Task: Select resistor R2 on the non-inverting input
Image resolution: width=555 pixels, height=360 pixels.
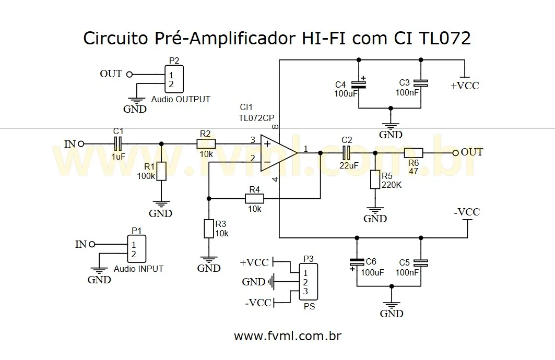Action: pos(206,143)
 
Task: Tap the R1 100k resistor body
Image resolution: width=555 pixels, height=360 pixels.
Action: pos(161,171)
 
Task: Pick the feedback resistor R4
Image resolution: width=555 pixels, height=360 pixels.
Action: pos(254,198)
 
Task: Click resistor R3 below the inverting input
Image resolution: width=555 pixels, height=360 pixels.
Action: pos(208,229)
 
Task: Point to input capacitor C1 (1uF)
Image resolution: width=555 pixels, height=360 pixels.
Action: pos(119,143)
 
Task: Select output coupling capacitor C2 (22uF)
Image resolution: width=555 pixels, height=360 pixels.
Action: pos(347,153)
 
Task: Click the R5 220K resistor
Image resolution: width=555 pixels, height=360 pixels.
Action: pos(375,179)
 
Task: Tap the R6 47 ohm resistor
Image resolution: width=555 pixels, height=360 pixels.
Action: pos(413,153)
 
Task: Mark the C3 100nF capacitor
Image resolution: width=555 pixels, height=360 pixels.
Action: pos(420,83)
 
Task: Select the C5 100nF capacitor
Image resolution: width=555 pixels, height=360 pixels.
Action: pos(420,262)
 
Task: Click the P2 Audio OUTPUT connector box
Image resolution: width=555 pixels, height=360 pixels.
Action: pos(173,80)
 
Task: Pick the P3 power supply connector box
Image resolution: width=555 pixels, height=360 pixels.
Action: pos(308,282)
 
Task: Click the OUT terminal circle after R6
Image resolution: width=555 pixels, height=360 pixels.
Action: pos(455,153)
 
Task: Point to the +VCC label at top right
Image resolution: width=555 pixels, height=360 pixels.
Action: pos(464,85)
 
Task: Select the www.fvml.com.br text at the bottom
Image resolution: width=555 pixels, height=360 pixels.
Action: pos(288,335)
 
